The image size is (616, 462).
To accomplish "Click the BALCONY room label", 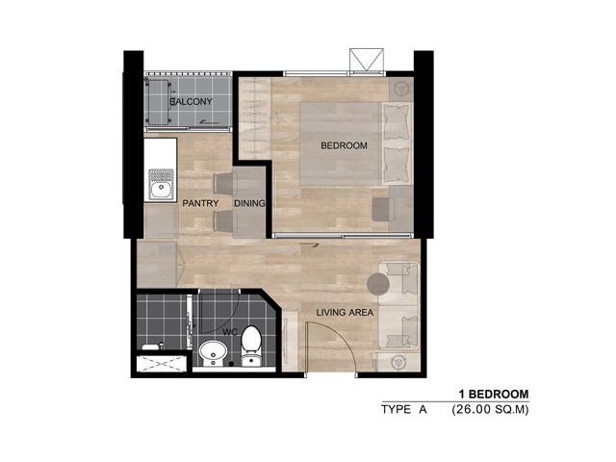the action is (x=191, y=101).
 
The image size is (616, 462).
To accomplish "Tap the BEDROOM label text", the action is (x=344, y=145).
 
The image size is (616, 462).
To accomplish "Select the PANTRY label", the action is (x=200, y=203).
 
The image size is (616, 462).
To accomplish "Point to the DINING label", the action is (x=249, y=203).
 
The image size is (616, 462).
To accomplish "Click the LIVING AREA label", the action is (x=345, y=313).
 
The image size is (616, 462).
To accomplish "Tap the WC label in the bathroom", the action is (x=230, y=332).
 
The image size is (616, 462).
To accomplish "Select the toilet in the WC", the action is (x=251, y=346).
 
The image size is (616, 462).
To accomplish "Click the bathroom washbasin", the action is (x=213, y=353).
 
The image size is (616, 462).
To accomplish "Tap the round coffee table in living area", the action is (x=378, y=284).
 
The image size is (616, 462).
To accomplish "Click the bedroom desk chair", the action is (x=383, y=209).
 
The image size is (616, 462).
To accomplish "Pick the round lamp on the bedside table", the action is (x=400, y=89).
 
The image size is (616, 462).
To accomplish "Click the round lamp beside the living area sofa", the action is (x=399, y=362).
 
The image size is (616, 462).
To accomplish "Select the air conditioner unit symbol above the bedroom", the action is (x=367, y=61).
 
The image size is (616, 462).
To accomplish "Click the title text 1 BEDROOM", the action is (x=494, y=394).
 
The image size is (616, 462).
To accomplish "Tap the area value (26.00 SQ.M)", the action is (x=490, y=410).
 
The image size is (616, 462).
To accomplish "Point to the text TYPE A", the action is (x=404, y=410).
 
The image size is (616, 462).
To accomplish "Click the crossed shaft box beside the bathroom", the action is (x=162, y=364).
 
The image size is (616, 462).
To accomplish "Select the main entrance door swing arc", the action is (x=339, y=337).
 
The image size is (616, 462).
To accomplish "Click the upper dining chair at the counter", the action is (x=225, y=184).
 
